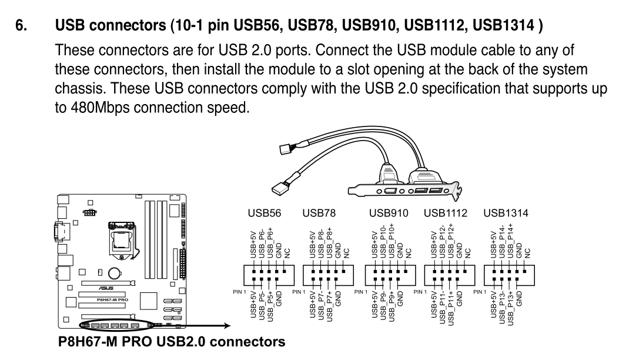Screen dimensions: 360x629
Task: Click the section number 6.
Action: click(21, 26)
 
